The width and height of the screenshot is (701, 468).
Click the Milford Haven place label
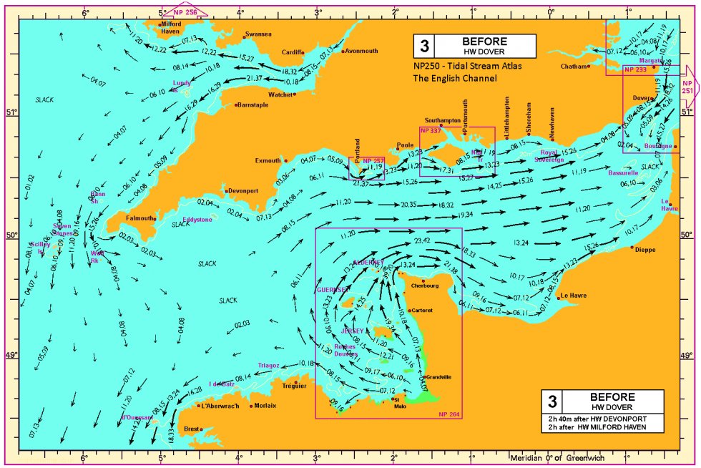click(170, 27)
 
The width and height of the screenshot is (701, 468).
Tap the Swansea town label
click(258, 34)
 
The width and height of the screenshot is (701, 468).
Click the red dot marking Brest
click(202, 429)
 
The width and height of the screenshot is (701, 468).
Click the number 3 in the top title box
click(424, 47)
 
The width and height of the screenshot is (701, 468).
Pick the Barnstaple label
click(253, 104)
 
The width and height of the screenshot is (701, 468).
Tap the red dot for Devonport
click(227, 191)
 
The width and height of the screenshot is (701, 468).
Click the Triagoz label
click(269, 365)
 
